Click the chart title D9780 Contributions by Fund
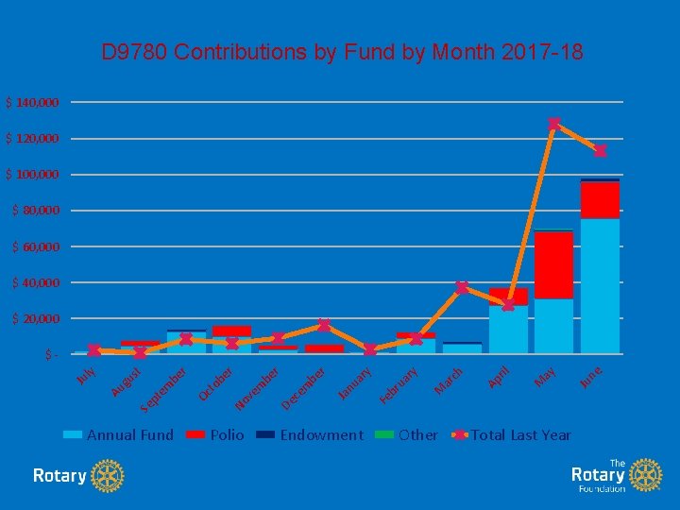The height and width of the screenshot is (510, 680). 342,52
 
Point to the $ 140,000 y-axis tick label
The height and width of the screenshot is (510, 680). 33,102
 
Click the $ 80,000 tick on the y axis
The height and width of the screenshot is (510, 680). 36,211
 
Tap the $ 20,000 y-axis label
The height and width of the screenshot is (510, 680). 36,319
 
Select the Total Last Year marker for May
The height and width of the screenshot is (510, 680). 554,124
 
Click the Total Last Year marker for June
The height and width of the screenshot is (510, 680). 600,151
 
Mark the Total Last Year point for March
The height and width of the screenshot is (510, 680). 462,287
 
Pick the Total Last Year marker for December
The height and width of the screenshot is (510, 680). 324,325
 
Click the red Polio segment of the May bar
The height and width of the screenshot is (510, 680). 553,264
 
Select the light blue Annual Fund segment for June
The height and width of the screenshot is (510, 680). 600,285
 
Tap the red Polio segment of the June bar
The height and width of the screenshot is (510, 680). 600,199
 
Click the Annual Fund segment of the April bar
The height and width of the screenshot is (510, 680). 508,329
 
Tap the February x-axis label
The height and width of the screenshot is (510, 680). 399,385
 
